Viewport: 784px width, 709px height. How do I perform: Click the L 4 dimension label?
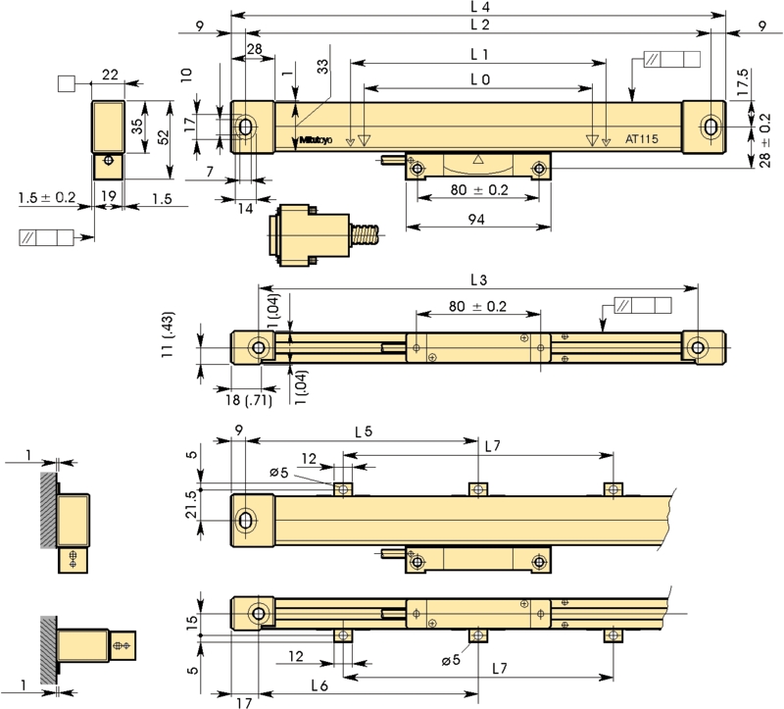[480, 7]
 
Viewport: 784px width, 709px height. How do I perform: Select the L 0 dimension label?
[480, 79]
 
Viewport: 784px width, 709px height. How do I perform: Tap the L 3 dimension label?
[479, 280]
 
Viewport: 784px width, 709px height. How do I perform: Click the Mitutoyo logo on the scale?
[316, 140]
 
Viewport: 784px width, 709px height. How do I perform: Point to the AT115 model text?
[642, 139]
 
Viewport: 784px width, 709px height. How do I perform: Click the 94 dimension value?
[476, 220]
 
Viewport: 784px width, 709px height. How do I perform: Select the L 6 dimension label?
[319, 685]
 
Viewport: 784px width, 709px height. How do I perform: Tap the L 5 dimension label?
[364, 431]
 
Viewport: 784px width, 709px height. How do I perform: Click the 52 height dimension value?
[164, 137]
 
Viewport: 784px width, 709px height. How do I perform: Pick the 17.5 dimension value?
[743, 82]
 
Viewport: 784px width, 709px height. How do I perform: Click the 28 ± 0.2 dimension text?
[764, 140]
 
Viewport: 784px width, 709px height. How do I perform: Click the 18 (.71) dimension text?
[249, 400]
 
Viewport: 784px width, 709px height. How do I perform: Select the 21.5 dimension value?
[191, 504]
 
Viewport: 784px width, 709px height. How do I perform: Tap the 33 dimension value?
[324, 67]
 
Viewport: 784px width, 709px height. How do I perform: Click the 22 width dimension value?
[110, 76]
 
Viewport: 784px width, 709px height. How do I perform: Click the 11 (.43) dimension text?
[168, 334]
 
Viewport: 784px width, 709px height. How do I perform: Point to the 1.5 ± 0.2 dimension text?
[47, 198]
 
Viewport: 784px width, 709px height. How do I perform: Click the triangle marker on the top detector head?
[478, 160]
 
